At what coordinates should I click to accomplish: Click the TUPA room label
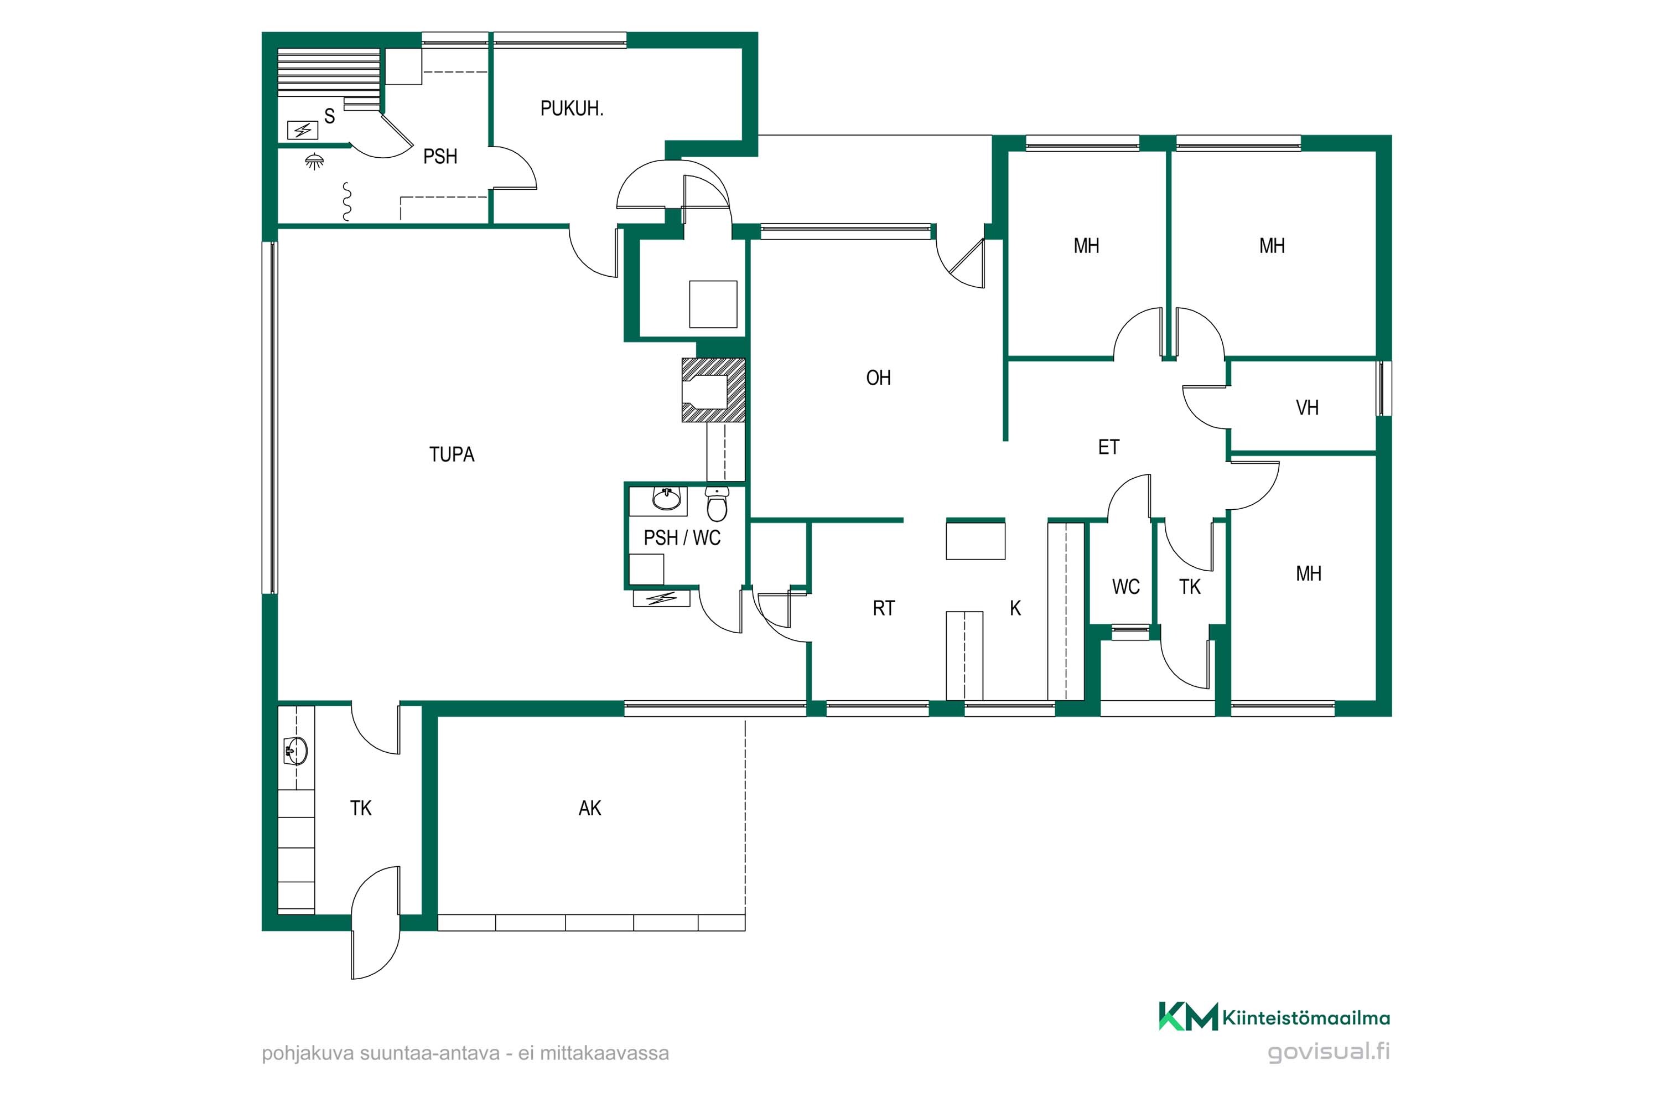pos(452,454)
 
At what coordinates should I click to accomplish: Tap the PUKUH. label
pos(572,108)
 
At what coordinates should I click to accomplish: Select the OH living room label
pos(878,377)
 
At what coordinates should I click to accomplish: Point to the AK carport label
pos(590,808)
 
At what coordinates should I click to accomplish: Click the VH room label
pos(1307,407)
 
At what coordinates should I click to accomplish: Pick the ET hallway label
pos(1108,447)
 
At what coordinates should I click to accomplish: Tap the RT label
pos(884,608)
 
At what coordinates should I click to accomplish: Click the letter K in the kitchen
pos(1015,608)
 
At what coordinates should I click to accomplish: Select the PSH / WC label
pos(682,538)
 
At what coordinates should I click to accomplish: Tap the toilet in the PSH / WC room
pos(717,503)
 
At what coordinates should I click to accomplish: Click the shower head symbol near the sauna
pos(315,162)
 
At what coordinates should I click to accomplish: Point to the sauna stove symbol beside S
pos(303,130)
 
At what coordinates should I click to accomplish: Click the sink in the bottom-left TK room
pos(295,751)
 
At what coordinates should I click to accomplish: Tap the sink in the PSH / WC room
pos(666,499)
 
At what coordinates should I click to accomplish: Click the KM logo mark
pos(1188,1017)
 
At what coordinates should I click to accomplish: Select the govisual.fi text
pos(1329,1052)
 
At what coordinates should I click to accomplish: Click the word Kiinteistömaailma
pos(1306,1018)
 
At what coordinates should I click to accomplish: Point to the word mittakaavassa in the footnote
pos(604,1054)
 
